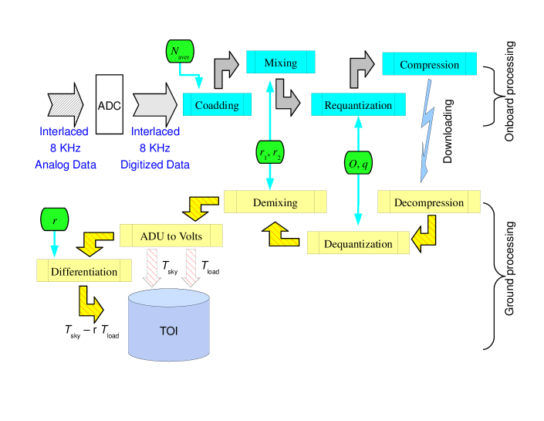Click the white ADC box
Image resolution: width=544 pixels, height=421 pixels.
109,104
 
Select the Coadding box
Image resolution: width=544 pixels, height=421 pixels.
217,104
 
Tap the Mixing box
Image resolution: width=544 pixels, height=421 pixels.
280,63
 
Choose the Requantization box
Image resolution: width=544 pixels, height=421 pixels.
358,104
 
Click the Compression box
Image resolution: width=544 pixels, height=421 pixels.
429,64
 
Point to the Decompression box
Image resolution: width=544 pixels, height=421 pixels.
429,202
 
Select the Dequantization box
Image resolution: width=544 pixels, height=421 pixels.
358,243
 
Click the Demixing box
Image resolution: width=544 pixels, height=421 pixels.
275,202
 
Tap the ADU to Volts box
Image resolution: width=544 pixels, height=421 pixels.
171,236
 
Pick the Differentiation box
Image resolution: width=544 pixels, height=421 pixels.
84,271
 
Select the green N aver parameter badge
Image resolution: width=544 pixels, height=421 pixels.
181,53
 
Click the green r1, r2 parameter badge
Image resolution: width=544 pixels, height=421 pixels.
270,152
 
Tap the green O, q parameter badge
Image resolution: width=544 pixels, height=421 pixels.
358,163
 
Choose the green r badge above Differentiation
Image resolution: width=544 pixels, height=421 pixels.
54,220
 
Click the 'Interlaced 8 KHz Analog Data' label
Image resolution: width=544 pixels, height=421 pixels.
64,148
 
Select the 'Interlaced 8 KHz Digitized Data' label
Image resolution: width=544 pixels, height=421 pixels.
155,148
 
